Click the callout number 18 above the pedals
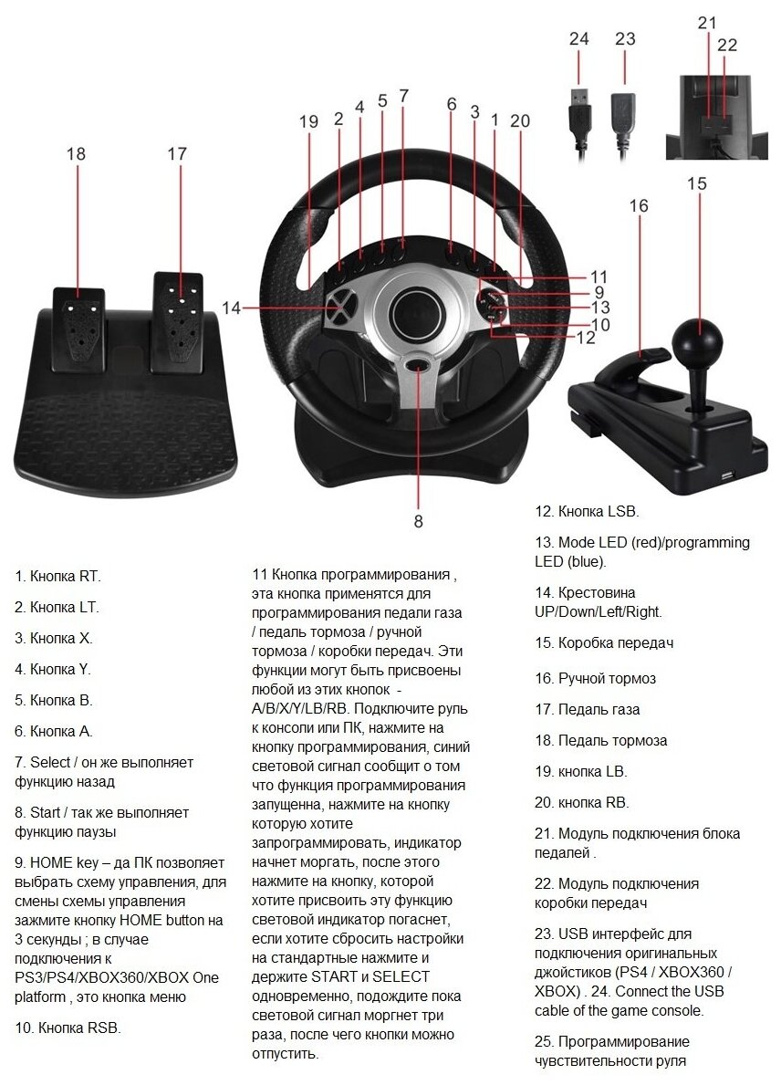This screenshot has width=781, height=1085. tap(76, 153)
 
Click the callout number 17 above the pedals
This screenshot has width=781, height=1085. tap(177, 153)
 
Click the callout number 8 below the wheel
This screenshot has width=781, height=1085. tap(419, 521)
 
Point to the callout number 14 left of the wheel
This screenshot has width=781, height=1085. tap(231, 308)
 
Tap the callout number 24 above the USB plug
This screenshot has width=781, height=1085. tap(579, 39)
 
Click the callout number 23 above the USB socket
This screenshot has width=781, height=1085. tap(625, 39)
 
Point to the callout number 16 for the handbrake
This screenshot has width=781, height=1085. tap(639, 206)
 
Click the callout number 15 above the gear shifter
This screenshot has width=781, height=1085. tap(696, 183)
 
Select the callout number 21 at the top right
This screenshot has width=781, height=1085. tap(707, 23)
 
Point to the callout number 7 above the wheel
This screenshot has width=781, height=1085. tap(403, 95)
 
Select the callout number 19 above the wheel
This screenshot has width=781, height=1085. tap(308, 121)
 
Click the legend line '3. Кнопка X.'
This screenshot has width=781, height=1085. tap(54, 638)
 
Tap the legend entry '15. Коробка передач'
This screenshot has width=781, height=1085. tap(604, 642)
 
